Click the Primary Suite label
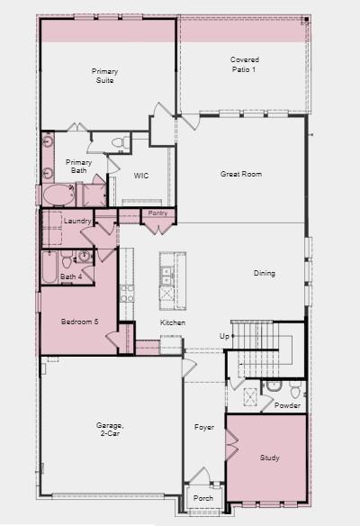tap(104, 76)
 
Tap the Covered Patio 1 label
tap(244, 65)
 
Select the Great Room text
tap(241, 174)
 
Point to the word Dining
tap(264, 274)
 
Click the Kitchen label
tap(173, 322)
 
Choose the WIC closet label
tap(141, 177)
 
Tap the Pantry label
tap(157, 213)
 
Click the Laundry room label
tap(79, 221)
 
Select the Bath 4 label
tap(70, 277)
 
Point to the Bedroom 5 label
tap(80, 322)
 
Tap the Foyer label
tap(204, 427)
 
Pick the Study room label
tap(269, 458)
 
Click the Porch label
tap(203, 498)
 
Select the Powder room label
tap(287, 405)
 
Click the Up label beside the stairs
tap(224, 336)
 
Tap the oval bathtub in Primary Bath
tap(60, 195)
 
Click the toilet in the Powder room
tap(274, 385)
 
